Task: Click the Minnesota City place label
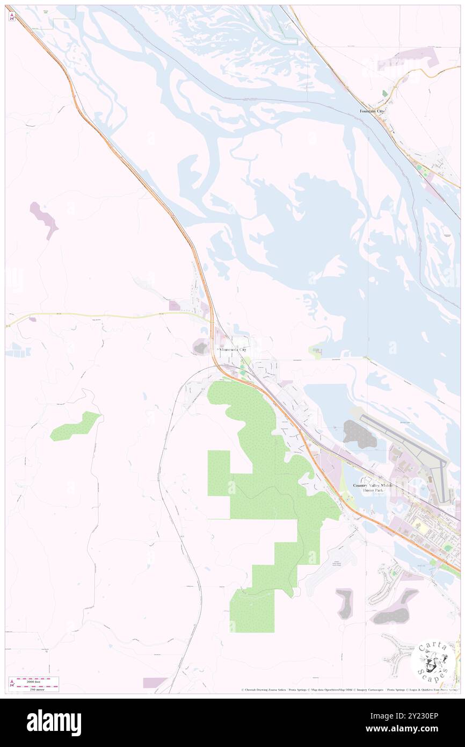click(233, 349)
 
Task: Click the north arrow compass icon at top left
click(11, 17)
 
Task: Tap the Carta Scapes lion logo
click(433, 659)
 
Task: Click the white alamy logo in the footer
click(54, 723)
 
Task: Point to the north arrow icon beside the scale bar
click(11, 683)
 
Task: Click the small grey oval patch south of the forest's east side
click(344, 602)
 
